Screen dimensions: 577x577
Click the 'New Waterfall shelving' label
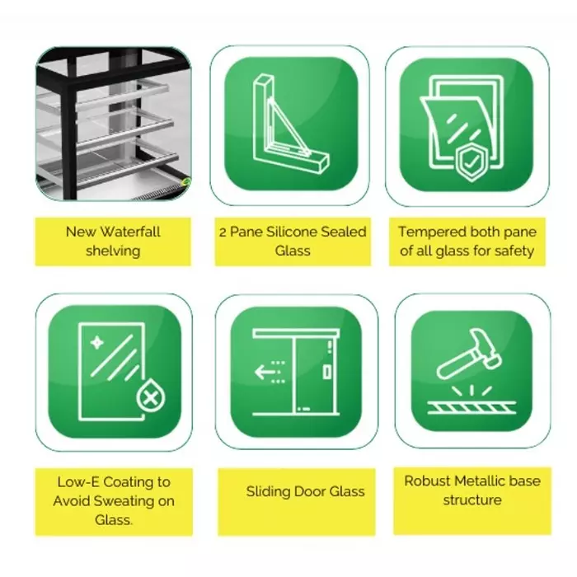(x=113, y=241)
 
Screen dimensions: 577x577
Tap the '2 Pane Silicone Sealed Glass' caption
(x=293, y=241)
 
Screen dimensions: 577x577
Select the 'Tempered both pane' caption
(x=467, y=241)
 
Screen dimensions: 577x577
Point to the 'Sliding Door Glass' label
(x=305, y=492)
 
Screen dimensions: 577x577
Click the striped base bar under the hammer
(x=471, y=406)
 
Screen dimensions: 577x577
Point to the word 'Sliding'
(x=267, y=492)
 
